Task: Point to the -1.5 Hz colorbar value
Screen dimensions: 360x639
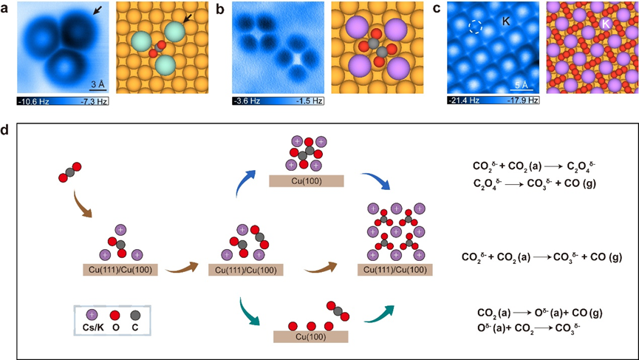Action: click(301, 100)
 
